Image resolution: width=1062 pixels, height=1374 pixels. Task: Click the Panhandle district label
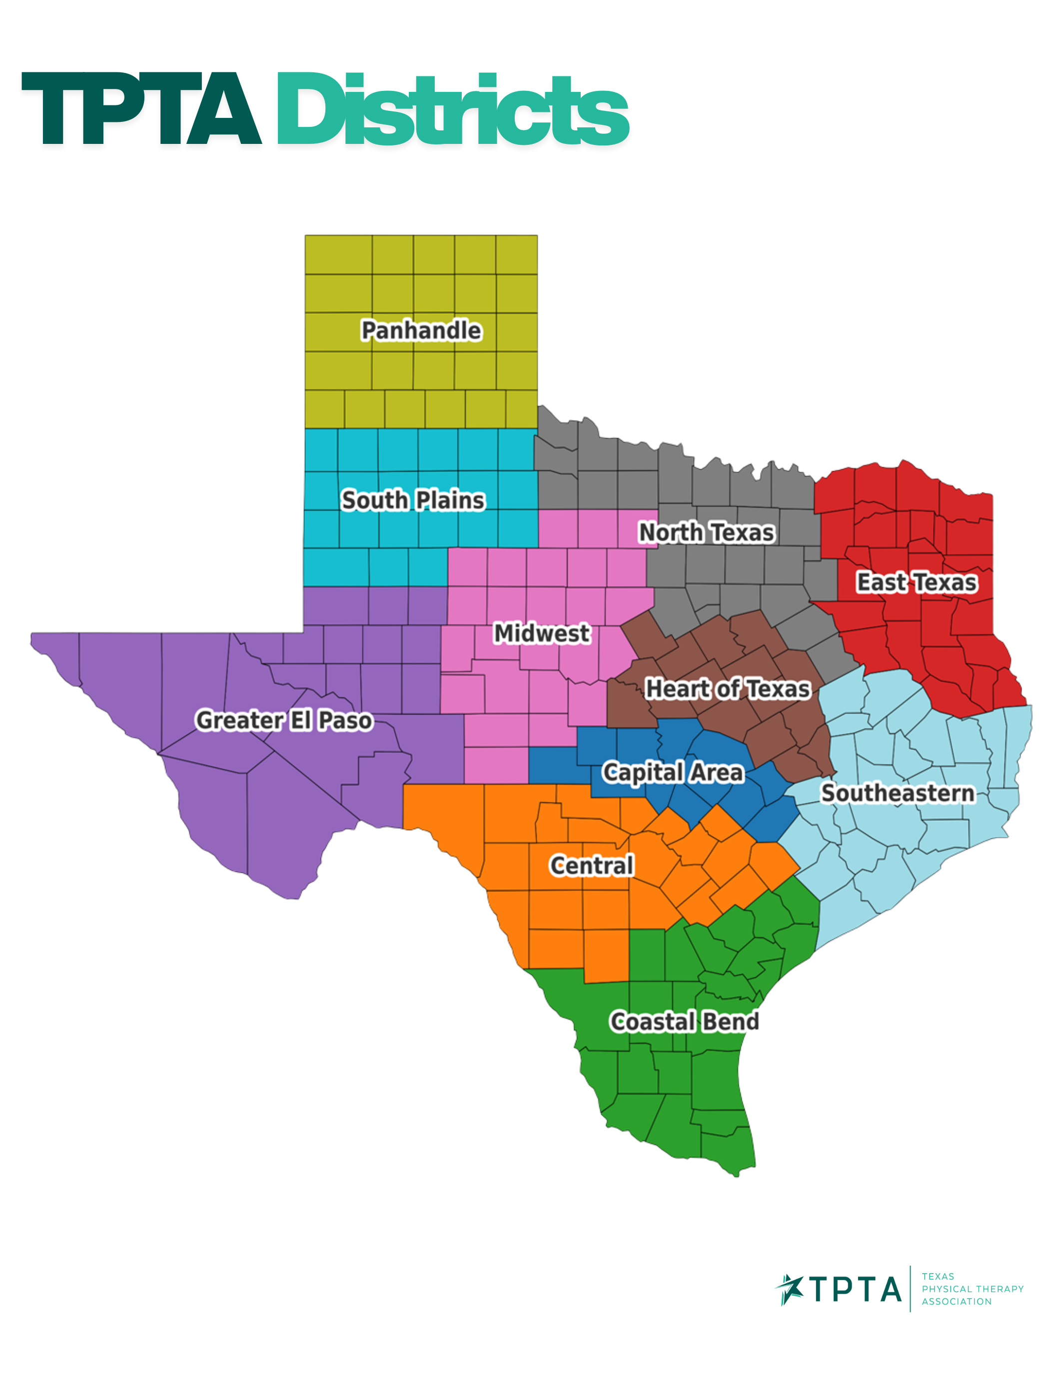[421, 330]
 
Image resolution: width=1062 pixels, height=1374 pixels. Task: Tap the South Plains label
[413, 500]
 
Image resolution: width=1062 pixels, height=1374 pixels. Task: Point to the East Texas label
[917, 583]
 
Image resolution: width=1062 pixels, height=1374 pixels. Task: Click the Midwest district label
[542, 633]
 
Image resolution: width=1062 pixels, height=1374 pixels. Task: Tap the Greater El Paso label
[284, 720]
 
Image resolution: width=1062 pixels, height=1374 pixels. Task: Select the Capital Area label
[673, 772]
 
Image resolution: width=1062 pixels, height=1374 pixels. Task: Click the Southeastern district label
[897, 793]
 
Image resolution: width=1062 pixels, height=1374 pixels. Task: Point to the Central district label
[591, 866]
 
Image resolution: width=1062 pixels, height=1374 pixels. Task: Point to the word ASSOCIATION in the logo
[957, 1302]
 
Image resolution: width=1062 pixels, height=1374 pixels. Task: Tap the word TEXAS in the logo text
[938, 1277]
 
